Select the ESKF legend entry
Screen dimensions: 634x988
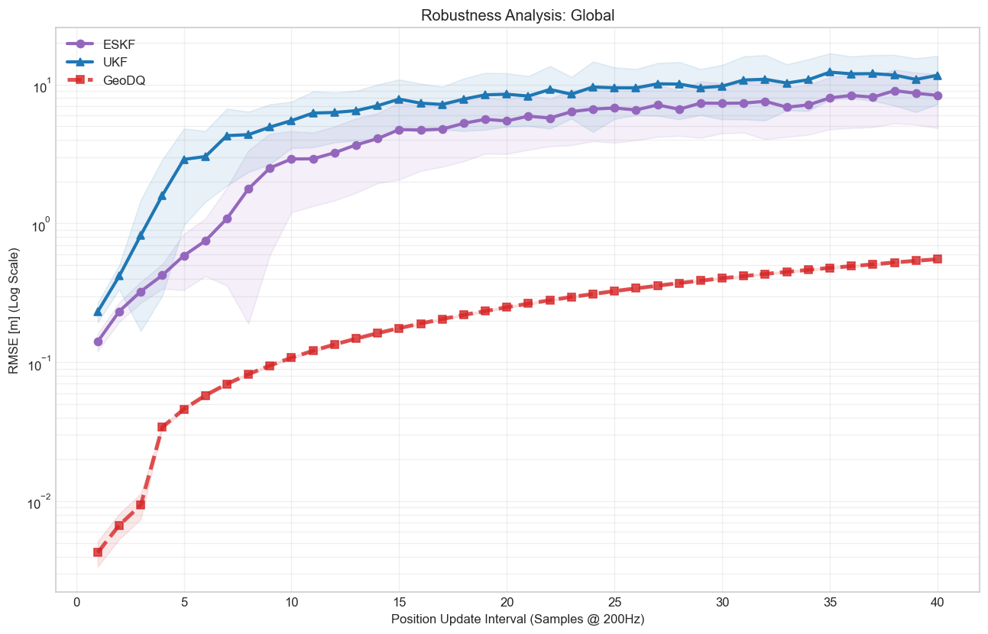click(118, 44)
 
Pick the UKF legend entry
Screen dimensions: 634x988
click(115, 62)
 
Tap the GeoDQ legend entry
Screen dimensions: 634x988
click(124, 80)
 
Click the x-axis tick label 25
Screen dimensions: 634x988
click(614, 602)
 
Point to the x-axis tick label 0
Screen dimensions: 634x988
click(76, 602)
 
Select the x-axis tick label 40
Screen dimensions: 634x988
click(938, 602)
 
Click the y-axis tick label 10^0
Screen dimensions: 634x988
click(37, 227)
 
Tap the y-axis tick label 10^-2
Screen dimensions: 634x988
click(37, 504)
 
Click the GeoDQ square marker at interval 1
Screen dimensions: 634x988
click(98, 552)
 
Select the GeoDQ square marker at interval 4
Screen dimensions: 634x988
click(162, 427)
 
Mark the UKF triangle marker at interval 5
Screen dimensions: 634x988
click(184, 160)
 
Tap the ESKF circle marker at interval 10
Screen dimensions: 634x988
click(291, 159)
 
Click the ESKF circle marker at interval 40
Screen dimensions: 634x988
click(938, 96)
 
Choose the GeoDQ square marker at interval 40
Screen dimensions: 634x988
click(938, 259)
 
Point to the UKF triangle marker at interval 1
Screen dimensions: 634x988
click(98, 312)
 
